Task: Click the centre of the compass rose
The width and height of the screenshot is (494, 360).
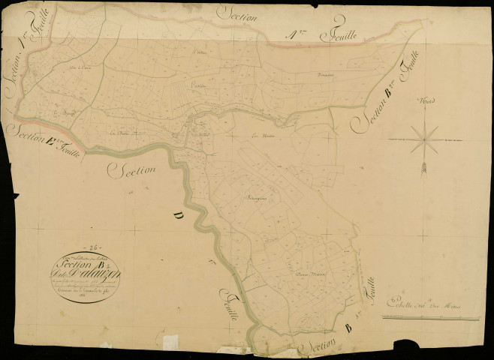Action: [425, 135]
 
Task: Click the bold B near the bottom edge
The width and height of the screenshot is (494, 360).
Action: [346, 328]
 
